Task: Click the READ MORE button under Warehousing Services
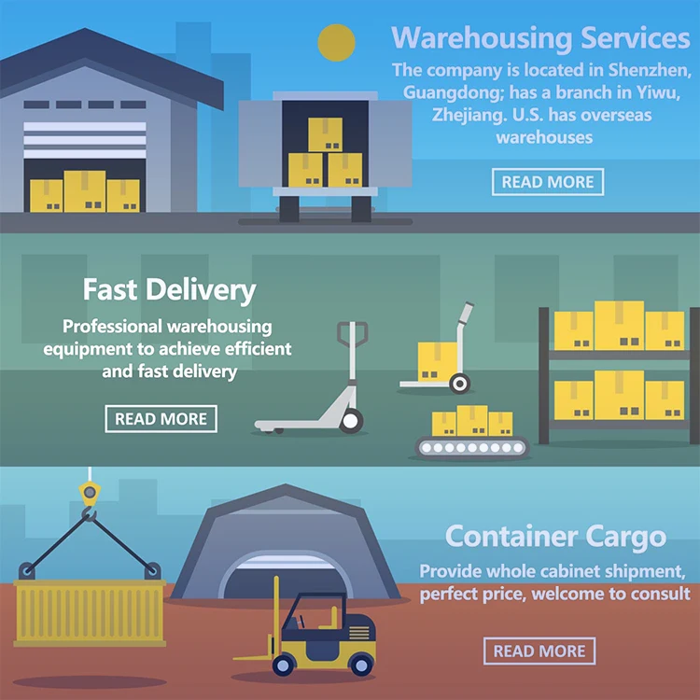(x=548, y=182)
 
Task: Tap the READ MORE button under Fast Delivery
(x=161, y=419)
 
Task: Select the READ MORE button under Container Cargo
(x=539, y=651)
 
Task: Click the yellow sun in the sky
(x=336, y=43)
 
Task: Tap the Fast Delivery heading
(x=169, y=289)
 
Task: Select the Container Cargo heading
(x=555, y=537)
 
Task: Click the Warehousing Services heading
(x=540, y=38)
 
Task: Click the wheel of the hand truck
(x=458, y=383)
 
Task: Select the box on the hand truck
(x=437, y=360)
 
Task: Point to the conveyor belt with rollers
(x=472, y=448)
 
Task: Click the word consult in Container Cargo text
(x=659, y=594)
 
